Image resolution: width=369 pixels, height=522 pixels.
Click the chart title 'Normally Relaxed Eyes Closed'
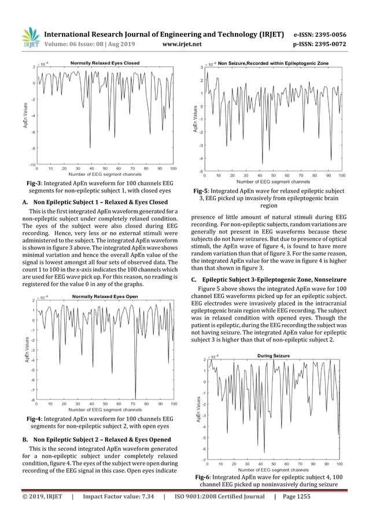(x=105, y=62)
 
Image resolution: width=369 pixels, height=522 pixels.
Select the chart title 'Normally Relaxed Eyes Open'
(x=105, y=296)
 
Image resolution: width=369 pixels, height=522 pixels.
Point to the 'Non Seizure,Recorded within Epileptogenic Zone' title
(x=278, y=62)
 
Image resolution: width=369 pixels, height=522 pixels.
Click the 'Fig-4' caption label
(x=37, y=418)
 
